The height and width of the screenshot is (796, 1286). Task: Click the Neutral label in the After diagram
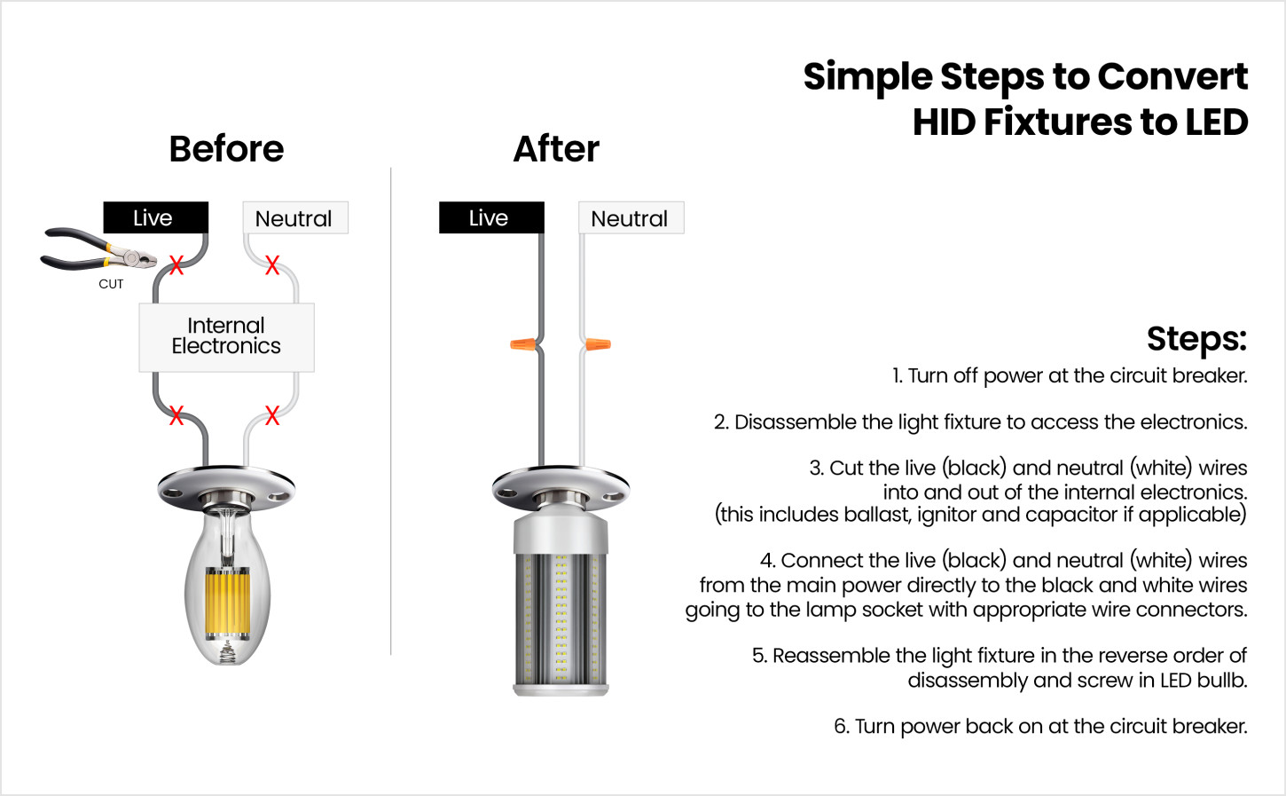click(x=631, y=217)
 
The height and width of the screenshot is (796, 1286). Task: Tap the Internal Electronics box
click(x=226, y=337)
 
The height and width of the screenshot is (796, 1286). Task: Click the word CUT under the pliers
click(x=111, y=284)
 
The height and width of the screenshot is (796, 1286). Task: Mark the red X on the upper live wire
click(x=176, y=265)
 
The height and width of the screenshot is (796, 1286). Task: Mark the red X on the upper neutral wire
click(x=272, y=264)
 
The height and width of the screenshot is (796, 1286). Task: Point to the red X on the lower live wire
click(x=176, y=415)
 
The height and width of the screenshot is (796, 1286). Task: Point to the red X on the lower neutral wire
click(x=272, y=415)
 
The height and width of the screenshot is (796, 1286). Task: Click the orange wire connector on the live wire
click(x=523, y=344)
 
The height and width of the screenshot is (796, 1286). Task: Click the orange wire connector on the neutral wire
click(x=599, y=344)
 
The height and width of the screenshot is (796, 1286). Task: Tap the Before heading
click(x=226, y=149)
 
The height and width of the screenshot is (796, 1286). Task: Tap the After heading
click(x=556, y=149)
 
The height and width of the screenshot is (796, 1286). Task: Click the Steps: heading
click(x=1196, y=339)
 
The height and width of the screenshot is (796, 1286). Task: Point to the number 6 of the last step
click(x=840, y=727)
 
